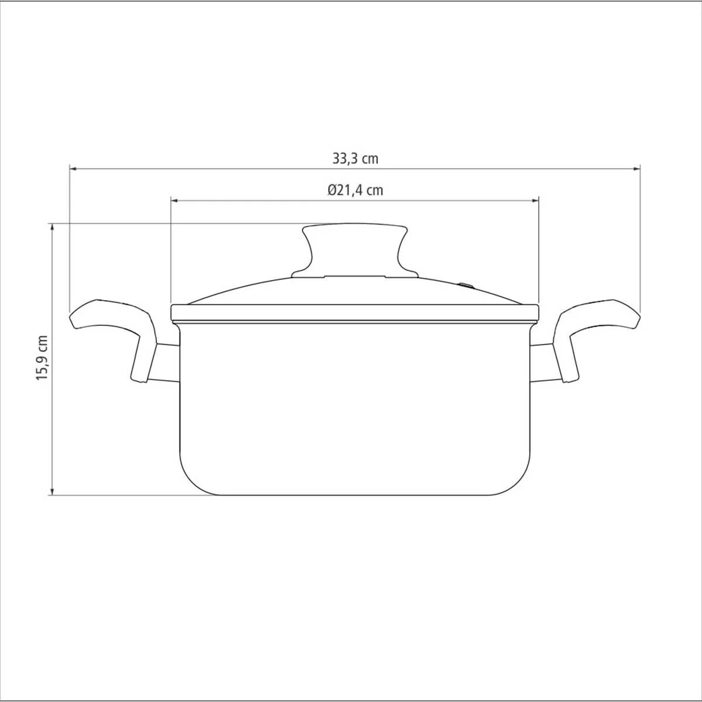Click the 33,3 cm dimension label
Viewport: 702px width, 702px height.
coord(355,159)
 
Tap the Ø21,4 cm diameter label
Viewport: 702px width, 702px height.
coord(355,190)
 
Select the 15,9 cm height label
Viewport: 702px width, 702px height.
coord(42,358)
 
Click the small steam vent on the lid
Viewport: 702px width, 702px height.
coord(466,285)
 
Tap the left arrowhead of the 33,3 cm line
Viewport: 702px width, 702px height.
coord(73,168)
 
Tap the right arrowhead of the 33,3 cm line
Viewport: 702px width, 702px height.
coord(637,168)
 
